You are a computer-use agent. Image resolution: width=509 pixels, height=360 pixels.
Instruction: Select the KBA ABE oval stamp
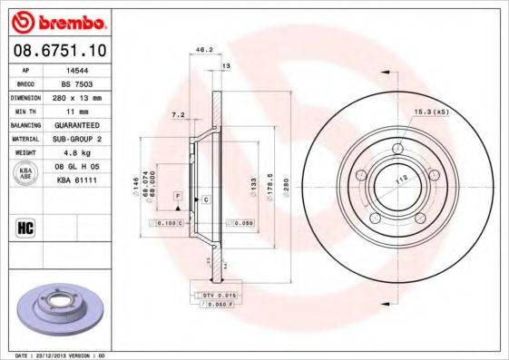26,174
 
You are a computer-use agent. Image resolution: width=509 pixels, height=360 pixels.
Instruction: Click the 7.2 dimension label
179,115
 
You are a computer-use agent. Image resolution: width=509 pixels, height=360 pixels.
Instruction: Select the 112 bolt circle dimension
396,180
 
